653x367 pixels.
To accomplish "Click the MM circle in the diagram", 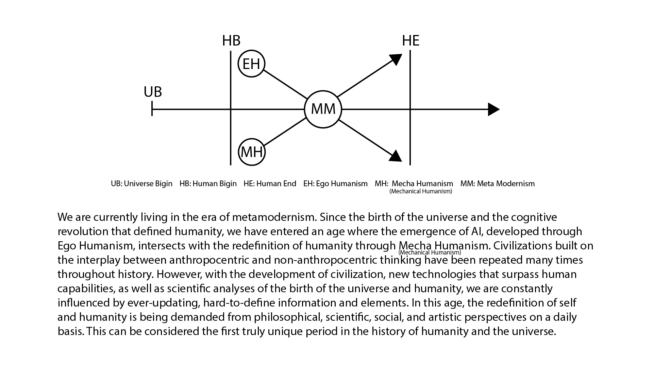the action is (x=323, y=109).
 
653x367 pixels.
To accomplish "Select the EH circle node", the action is (x=251, y=64).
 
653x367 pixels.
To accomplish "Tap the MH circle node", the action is (x=252, y=152).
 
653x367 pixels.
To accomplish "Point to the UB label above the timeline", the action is (x=153, y=92).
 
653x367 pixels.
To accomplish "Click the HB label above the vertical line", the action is (x=231, y=40).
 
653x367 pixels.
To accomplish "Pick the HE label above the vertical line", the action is (x=411, y=41).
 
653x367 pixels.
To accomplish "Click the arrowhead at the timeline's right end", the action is (x=493, y=109).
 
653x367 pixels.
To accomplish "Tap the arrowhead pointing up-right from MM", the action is (x=396, y=59).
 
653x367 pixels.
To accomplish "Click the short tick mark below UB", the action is (x=152, y=109).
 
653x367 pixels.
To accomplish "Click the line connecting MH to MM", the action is (x=285, y=132).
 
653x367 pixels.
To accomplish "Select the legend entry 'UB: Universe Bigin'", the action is (x=141, y=184).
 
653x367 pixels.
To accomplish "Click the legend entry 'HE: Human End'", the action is (x=270, y=184).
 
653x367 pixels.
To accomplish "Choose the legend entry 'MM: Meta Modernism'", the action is (x=497, y=184).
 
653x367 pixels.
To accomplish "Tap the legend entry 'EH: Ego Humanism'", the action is (x=335, y=184).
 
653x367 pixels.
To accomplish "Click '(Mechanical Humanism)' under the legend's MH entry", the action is (x=421, y=191).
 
